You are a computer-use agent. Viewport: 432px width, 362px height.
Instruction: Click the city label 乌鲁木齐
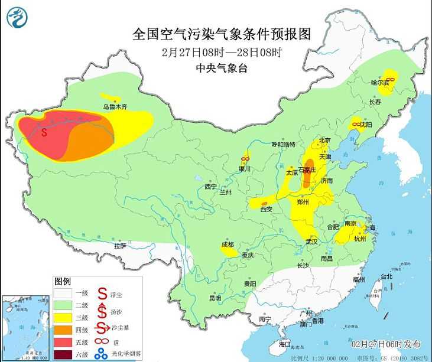(x=115, y=107)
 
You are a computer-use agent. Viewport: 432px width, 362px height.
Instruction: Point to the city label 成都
(x=228, y=244)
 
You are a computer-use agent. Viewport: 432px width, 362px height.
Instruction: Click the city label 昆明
(x=215, y=298)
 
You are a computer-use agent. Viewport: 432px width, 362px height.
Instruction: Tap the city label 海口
(x=285, y=343)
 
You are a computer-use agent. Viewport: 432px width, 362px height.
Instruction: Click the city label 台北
(x=386, y=276)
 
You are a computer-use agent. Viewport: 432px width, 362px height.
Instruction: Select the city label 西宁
(x=211, y=187)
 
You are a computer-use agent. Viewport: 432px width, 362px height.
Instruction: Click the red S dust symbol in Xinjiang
(x=44, y=132)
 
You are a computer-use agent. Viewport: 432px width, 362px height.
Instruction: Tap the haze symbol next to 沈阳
(x=356, y=124)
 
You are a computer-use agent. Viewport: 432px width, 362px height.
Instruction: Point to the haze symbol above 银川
(x=245, y=158)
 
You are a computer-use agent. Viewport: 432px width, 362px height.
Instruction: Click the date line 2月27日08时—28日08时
(x=222, y=51)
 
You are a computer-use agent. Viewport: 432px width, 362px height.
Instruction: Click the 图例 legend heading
(x=63, y=280)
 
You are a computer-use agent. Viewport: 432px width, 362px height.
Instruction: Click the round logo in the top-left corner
(x=17, y=17)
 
